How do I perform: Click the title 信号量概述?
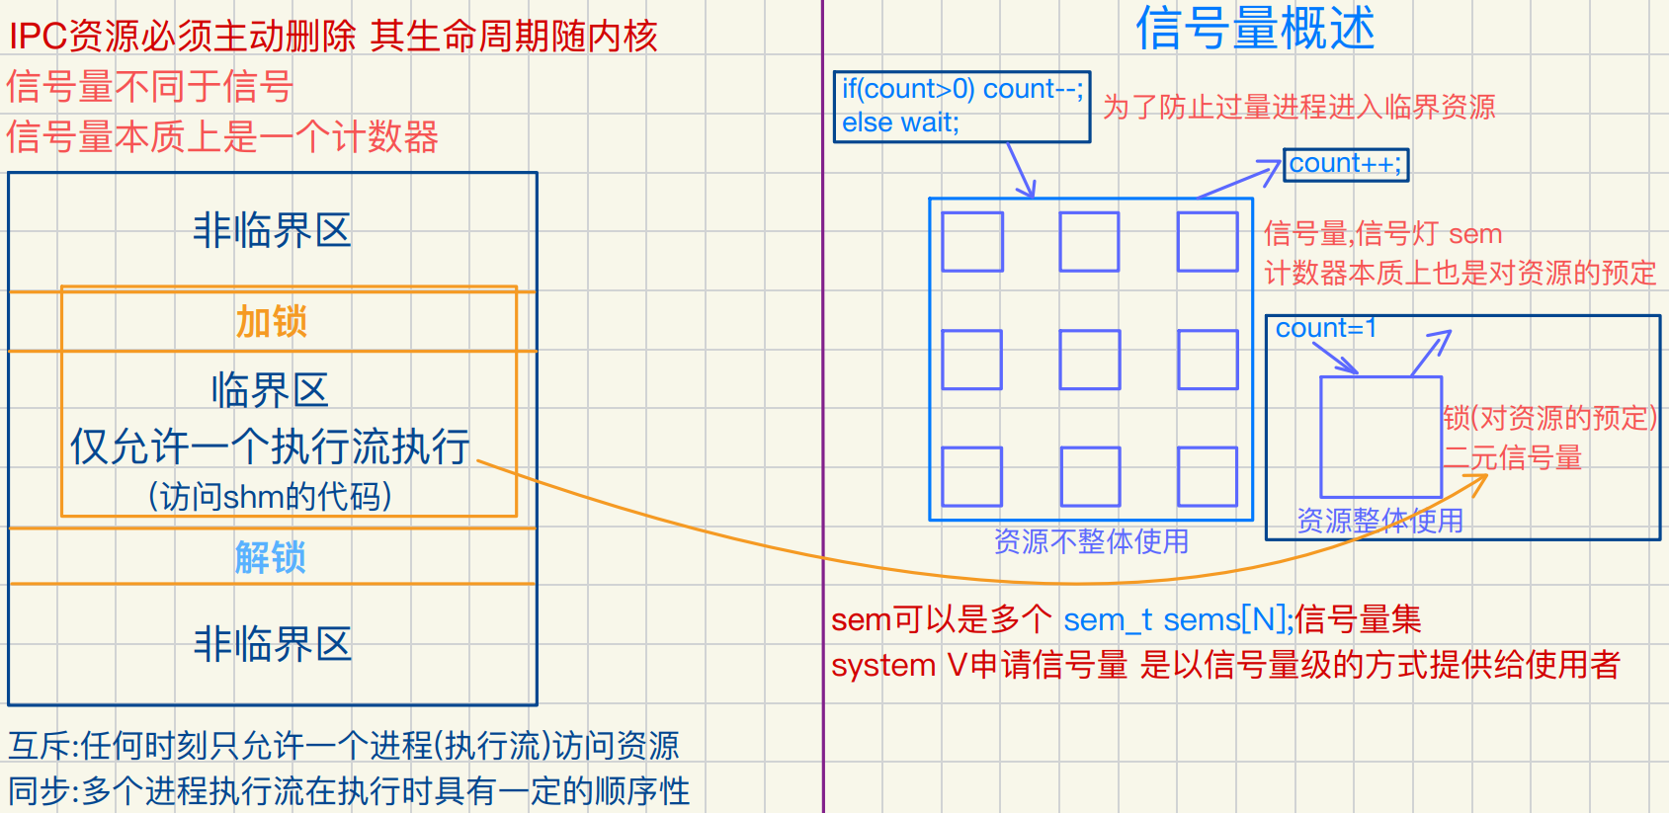coord(1255,28)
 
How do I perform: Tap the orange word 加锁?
coord(272,322)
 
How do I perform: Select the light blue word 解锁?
coord(271,558)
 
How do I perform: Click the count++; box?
coord(1346,164)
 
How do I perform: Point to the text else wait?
coord(900,122)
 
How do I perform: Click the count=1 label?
coord(1325,328)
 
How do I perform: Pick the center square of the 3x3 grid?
coord(1089,360)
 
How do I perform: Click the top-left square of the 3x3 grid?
coord(972,242)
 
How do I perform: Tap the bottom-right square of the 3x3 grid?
coord(1208,476)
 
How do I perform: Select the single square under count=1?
coord(1380,437)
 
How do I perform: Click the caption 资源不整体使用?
coord(1091,541)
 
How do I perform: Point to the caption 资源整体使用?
coord(1379,521)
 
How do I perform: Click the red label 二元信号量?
coord(1513,458)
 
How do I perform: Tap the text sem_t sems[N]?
coord(1178,619)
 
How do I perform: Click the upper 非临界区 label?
coord(273,230)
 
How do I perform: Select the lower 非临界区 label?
coord(273,644)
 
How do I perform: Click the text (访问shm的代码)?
coord(270,496)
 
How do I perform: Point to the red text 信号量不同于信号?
coord(150,87)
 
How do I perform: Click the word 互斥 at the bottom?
coord(40,746)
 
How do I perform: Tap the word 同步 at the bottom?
coord(40,791)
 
